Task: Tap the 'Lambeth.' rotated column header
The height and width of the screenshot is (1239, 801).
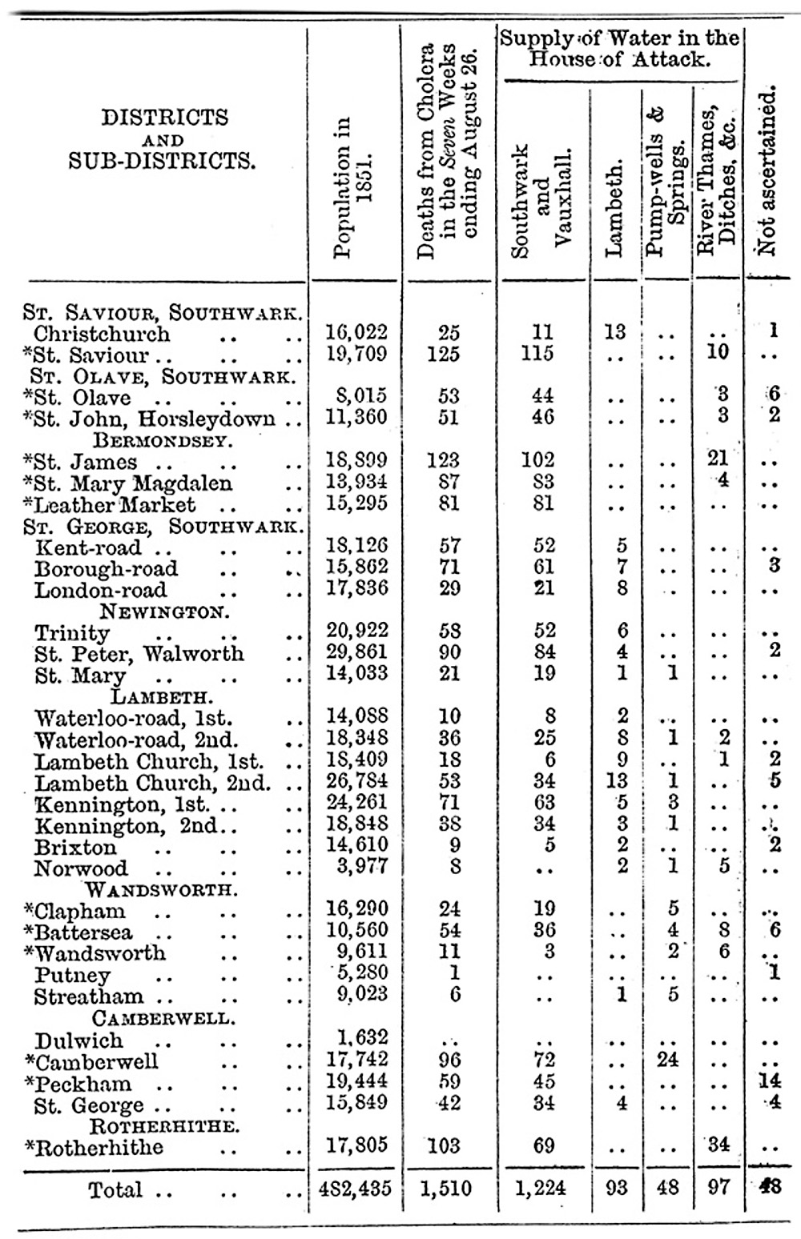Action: click(614, 210)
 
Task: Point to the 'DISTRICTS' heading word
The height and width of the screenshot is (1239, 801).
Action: click(164, 118)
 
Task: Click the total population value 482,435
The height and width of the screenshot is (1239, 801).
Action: click(353, 1189)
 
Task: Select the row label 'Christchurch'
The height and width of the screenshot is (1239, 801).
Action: click(102, 334)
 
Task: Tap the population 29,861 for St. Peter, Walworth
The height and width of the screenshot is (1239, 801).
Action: click(356, 652)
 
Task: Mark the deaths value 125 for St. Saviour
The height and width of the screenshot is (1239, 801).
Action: click(444, 354)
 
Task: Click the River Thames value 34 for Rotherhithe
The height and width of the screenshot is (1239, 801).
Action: click(718, 1144)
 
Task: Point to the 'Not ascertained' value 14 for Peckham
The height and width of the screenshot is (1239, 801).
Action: click(769, 1081)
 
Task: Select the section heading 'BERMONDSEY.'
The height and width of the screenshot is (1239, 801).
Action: click(163, 439)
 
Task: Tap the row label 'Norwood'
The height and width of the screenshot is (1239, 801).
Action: click(81, 868)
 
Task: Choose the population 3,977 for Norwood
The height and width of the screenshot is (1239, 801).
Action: click(361, 866)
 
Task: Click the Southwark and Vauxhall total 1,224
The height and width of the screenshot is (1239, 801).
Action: click(541, 1189)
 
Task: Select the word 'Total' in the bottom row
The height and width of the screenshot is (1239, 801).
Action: click(117, 1190)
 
